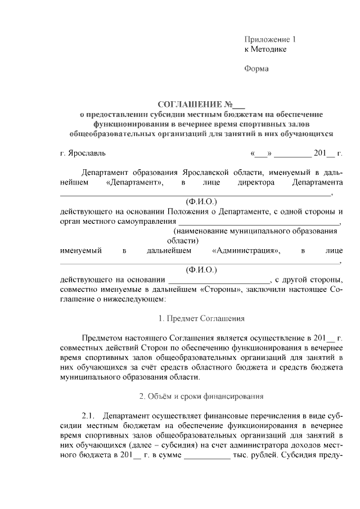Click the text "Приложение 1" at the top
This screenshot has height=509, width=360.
pyautogui.click(x=270, y=40)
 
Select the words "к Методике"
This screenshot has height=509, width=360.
pyautogui.click(x=265, y=49)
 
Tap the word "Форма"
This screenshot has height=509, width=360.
pyautogui.click(x=256, y=69)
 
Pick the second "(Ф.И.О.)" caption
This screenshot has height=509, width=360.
pyautogui.click(x=201, y=270)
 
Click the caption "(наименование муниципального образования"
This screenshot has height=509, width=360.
pyautogui.click(x=251, y=231)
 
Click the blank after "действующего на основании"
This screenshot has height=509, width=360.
pyautogui.click(x=219, y=280)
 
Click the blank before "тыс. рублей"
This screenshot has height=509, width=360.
pyautogui.click(x=207, y=456)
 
